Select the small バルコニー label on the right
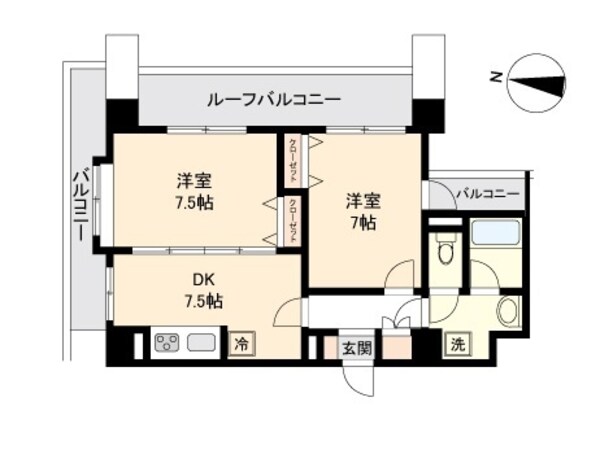click(487, 192)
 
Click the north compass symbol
click(536, 83)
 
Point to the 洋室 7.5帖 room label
click(194, 191)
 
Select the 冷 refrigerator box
click(241, 343)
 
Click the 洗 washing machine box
click(456, 343)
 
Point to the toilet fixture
click(446, 250)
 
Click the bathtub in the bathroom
click(496, 234)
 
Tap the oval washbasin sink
click(509, 310)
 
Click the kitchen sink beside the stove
click(201, 343)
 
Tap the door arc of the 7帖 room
click(402, 274)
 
